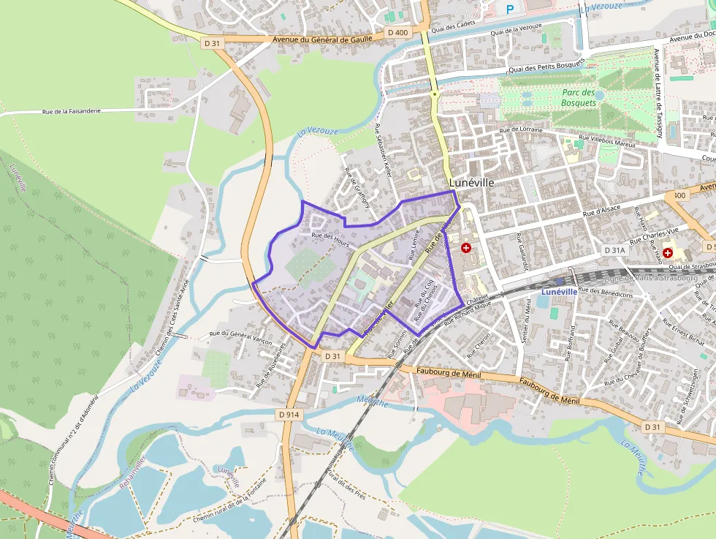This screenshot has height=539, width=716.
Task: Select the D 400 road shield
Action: coord(398,32)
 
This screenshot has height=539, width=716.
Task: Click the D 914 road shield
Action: coord(289,414)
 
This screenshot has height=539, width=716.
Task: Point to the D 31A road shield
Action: coord(615,250)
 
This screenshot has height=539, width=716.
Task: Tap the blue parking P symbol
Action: coord(511,9)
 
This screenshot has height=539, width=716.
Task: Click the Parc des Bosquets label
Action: coord(579,98)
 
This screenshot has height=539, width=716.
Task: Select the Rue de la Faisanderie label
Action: coord(72,111)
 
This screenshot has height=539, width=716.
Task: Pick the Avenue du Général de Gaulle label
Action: coord(322,39)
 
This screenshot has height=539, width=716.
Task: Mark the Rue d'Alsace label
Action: coord(601,211)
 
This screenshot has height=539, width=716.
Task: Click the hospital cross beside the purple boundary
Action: coord(465,249)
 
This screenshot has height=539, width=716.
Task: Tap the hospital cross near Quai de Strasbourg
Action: coord(667,252)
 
